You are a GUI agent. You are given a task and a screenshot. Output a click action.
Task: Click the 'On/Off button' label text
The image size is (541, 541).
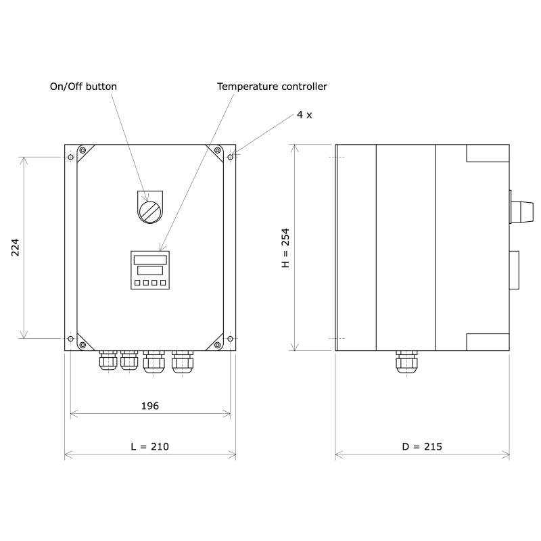[x=83, y=87]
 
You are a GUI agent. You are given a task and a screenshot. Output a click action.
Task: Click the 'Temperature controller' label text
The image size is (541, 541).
[x=272, y=87]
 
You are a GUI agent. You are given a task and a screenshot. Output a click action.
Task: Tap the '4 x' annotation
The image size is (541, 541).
[x=304, y=115]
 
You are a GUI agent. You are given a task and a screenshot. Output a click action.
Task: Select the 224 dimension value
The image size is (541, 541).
[x=16, y=248]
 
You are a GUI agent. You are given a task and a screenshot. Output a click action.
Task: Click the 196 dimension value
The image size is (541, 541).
[x=149, y=406]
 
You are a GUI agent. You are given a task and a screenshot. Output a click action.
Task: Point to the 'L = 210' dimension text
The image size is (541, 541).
[x=149, y=447]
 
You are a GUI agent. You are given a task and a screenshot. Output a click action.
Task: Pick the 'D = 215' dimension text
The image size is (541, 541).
[x=422, y=447]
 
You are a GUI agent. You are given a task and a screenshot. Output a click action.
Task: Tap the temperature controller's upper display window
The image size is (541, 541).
[x=150, y=260]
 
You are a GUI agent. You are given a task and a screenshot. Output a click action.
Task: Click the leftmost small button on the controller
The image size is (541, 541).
[x=137, y=283]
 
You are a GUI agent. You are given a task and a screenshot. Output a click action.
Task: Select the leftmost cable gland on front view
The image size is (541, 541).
[x=108, y=362]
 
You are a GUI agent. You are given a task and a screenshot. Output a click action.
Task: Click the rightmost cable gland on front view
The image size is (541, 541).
[x=182, y=362]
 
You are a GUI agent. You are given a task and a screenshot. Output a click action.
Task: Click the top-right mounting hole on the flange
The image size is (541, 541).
[x=231, y=157]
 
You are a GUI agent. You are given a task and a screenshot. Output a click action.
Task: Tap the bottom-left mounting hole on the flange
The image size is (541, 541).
[x=70, y=338]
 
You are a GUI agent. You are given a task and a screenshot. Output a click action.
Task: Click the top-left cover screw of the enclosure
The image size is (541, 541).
[x=83, y=150]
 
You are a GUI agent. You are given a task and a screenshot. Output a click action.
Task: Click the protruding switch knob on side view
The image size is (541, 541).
[x=521, y=210]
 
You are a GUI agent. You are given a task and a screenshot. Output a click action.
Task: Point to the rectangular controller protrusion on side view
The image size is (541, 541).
[x=514, y=269]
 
